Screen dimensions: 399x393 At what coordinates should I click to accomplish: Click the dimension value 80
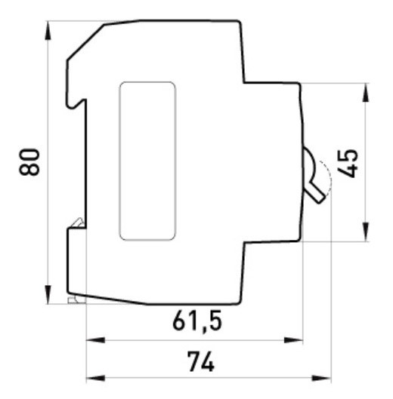tap(30, 161)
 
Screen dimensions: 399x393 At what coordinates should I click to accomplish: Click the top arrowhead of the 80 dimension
tap(49, 29)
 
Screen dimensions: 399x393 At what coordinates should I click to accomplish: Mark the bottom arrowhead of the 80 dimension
tap(49, 296)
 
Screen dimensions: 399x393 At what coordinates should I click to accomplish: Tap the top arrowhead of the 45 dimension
tap(366, 91)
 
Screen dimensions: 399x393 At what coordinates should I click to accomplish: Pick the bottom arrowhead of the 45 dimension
tap(366, 235)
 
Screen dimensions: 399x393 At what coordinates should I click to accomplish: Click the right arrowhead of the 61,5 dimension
tap(296, 340)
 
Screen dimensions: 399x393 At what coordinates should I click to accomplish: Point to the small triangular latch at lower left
tap(78, 222)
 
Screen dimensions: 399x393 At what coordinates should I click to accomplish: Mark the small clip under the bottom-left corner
tap(73, 300)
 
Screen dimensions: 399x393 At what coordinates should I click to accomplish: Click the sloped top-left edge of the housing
tap(85, 41)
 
